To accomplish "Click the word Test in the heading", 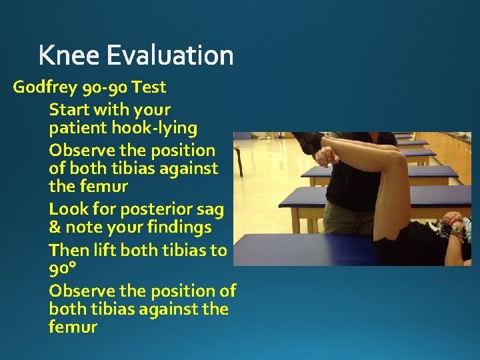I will pyautogui.click(x=149, y=87).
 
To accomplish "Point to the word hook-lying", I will pyautogui.click(x=157, y=128).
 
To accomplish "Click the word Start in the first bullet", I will pyautogui.click(x=69, y=109).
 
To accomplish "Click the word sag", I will pyautogui.click(x=209, y=209).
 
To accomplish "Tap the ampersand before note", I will pyautogui.click(x=55, y=228).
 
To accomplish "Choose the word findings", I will pyautogui.click(x=176, y=228).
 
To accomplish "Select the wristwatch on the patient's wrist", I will pyautogui.click(x=457, y=231).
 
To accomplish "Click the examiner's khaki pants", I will pyautogui.click(x=343, y=217).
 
